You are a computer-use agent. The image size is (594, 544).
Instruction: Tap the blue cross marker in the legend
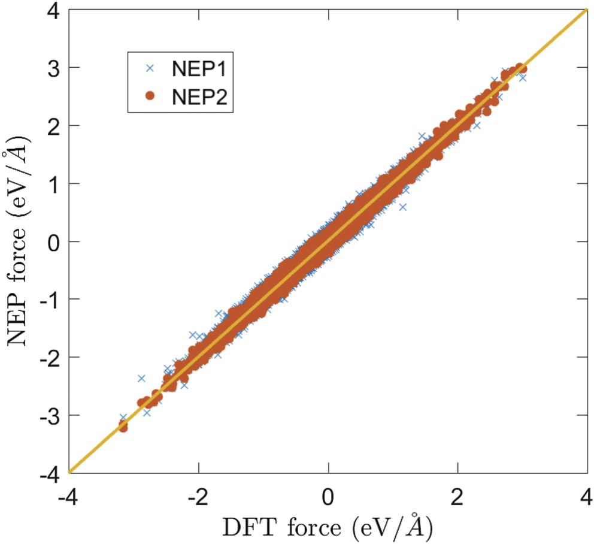(150, 68)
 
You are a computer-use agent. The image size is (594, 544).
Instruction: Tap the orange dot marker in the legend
(150, 96)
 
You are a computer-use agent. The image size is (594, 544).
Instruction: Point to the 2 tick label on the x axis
(457, 497)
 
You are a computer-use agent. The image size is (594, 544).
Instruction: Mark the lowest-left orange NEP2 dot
(123, 426)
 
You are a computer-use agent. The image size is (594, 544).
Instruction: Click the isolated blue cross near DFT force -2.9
(142, 378)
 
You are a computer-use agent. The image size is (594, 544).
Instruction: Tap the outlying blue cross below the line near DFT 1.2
(402, 207)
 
